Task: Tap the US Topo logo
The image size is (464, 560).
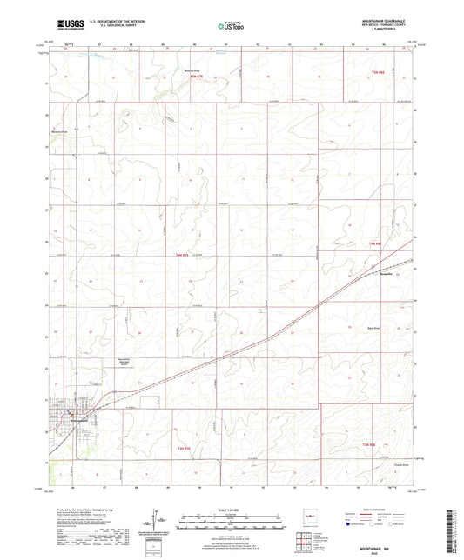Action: click(x=230, y=28)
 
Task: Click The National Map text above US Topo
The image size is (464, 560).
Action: click(x=230, y=21)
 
